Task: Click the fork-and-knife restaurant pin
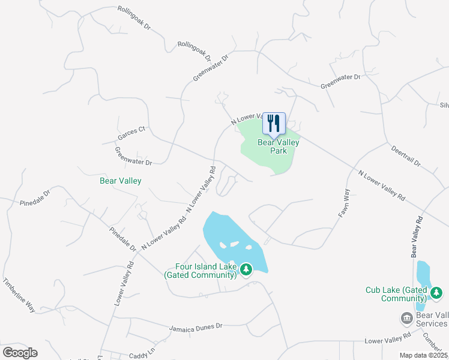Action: coord(274,124)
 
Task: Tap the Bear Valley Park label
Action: coord(278,146)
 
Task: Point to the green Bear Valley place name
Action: coord(120,180)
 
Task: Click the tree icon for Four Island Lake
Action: coord(246,270)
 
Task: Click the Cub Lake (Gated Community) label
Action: coord(396,294)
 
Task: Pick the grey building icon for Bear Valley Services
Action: coord(406,317)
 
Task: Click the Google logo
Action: coord(20,352)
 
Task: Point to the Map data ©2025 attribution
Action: coord(423,355)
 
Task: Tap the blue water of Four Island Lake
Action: coord(225,231)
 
